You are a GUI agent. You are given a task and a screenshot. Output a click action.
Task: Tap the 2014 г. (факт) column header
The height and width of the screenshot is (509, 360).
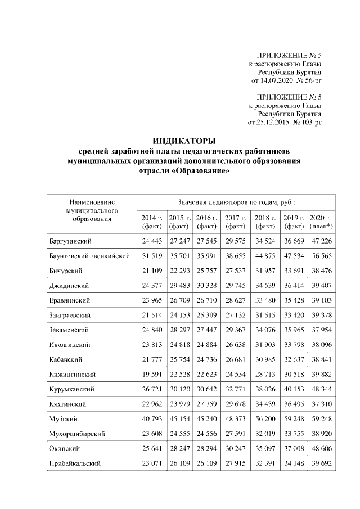[x=151, y=222]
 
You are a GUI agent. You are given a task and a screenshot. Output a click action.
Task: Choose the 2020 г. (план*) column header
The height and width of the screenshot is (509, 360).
[x=322, y=222]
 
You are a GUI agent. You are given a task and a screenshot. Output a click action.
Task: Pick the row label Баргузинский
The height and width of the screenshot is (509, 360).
[x=70, y=241]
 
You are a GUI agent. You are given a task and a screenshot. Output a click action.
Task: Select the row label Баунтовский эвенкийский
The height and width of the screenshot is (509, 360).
[x=90, y=256]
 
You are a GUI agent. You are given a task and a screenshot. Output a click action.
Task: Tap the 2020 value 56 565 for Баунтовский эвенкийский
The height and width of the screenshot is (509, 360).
[x=322, y=256]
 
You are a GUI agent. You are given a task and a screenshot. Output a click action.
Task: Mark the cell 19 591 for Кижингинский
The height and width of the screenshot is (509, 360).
[x=151, y=375]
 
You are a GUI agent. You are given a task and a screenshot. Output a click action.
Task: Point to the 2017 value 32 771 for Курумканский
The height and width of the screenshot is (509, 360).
[x=236, y=389]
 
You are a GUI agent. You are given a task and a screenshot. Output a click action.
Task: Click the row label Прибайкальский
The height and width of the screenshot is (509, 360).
[x=75, y=464]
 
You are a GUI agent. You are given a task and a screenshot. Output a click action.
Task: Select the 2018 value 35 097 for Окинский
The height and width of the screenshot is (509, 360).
[x=265, y=449]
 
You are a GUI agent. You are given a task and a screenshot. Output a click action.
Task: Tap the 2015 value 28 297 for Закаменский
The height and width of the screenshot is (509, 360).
[x=180, y=330]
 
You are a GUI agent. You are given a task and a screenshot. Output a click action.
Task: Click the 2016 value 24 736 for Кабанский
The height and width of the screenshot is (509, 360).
[x=207, y=360]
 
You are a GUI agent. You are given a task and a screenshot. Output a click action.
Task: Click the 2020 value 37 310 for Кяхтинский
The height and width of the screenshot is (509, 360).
[x=322, y=404]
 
